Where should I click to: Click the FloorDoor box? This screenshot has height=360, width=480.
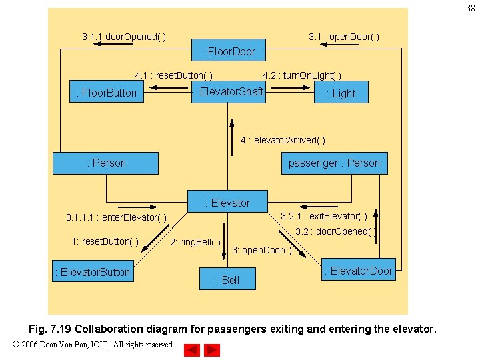(x=229, y=50)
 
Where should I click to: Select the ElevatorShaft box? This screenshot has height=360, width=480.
(x=229, y=92)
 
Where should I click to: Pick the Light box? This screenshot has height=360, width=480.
(x=341, y=92)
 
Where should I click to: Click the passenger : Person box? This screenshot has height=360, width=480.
(x=334, y=163)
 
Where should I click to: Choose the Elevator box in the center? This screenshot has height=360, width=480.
(x=227, y=201)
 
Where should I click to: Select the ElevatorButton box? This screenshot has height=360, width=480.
(x=93, y=271)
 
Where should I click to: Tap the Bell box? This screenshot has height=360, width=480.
(x=227, y=279)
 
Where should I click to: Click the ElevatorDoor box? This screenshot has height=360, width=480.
(x=359, y=269)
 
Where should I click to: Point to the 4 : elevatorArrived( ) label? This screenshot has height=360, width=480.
(x=283, y=140)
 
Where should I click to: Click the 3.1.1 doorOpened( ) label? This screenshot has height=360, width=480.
(x=124, y=37)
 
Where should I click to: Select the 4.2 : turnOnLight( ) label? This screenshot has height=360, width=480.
(x=302, y=75)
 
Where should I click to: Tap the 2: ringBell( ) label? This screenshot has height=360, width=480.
(x=195, y=243)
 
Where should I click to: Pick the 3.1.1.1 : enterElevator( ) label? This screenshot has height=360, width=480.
(x=116, y=217)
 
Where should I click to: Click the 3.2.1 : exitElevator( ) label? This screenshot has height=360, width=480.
(x=324, y=217)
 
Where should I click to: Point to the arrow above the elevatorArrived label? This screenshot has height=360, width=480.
(x=232, y=137)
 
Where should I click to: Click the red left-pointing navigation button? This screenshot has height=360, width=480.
(x=192, y=350)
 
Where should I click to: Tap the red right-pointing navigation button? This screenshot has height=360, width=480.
(x=212, y=350)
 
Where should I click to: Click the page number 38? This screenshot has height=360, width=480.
(x=471, y=8)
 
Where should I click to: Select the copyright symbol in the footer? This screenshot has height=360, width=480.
(x=16, y=344)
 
